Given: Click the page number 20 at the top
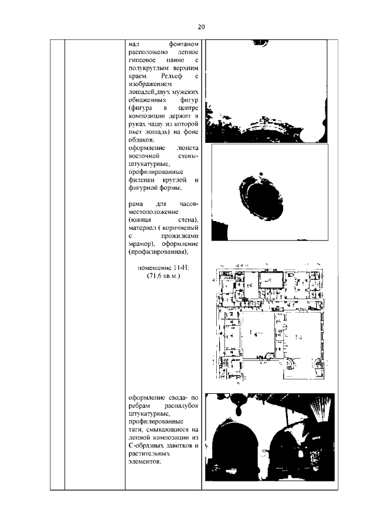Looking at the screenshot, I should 200,27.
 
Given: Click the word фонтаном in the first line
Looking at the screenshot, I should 185,44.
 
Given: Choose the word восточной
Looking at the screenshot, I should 144,157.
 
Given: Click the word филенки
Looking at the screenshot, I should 142,180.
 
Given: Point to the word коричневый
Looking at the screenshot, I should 183,227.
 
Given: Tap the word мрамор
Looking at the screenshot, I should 140,243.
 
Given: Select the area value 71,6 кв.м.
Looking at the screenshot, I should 163,275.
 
